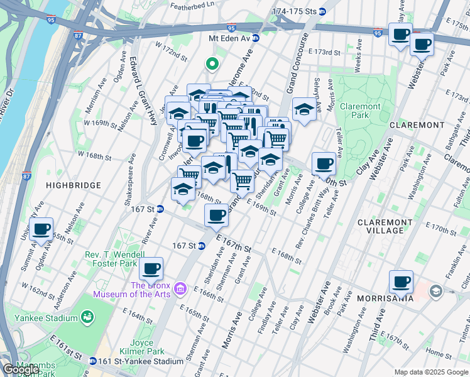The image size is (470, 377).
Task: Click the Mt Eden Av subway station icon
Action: coord(256,38)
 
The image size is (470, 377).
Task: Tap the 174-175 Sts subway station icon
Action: coord(322,11)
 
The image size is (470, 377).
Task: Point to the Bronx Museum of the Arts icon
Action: coord(181,288)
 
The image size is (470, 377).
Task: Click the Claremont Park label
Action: coord(360,111)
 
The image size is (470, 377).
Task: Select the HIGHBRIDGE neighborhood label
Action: coord(74,185)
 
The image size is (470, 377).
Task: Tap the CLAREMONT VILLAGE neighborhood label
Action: coord(389,226)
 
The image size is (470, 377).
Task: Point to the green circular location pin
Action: coord(212,63)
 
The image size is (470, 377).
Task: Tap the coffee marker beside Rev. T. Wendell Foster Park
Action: coord(151,269)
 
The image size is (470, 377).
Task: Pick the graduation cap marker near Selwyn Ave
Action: coord(304,109)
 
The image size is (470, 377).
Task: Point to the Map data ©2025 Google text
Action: coord(430,372)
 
